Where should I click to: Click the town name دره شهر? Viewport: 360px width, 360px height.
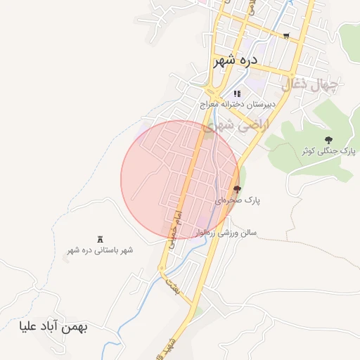click(236, 60)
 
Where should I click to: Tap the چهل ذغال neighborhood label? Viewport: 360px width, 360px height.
click(310, 85)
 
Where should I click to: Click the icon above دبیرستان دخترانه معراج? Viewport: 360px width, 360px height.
click(237, 94)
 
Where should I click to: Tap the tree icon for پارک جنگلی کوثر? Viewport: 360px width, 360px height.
click(329, 140)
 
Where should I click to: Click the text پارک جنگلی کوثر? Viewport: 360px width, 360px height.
click(329, 151)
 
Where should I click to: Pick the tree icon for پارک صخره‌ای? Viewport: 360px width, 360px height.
click(237, 188)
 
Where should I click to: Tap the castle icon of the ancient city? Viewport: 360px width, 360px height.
click(99, 239)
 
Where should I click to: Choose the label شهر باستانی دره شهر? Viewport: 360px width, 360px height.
click(99, 250)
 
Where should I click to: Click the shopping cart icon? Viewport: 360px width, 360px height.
click(285, 35)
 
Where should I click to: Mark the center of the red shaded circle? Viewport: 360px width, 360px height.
click(180, 180)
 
